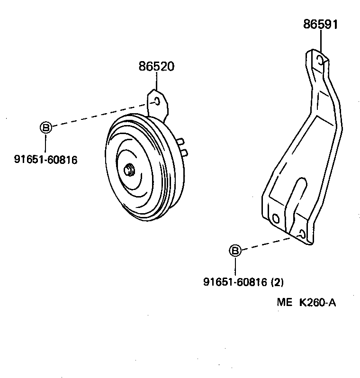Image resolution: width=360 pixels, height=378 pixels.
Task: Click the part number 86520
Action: (156, 67)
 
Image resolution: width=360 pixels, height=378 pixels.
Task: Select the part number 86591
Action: (321, 25)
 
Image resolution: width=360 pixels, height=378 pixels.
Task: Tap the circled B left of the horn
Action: (45, 127)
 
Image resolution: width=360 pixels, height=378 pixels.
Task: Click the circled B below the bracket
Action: (235, 251)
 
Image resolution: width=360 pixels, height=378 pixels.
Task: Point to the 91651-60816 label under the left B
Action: (45, 160)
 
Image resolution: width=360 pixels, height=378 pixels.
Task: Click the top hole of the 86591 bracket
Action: (321, 60)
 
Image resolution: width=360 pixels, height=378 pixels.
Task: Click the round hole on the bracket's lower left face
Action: (276, 218)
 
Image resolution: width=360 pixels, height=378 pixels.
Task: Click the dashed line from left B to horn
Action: (95, 116)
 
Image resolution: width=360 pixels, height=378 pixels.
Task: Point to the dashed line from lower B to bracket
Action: (265, 244)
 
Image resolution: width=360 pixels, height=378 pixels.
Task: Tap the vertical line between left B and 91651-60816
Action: (45, 142)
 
